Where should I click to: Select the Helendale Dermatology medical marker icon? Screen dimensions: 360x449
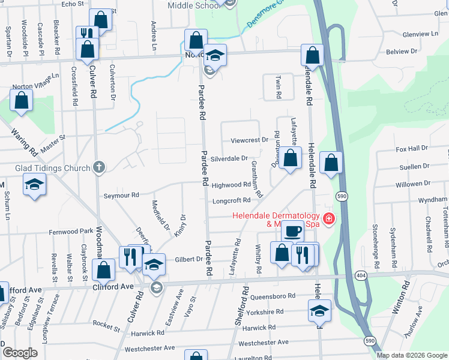[x=328, y=220]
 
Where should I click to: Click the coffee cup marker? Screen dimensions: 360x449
[x=292, y=231]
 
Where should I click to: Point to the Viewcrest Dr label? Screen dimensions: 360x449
[x=249, y=140]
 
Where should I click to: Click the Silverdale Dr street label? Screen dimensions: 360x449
[x=229, y=158]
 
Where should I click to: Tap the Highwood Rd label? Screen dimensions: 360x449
[x=231, y=185]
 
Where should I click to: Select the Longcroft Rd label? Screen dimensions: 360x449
[x=231, y=200]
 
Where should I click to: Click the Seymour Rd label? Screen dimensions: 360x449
[x=121, y=195]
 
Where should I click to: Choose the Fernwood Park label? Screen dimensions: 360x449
[x=71, y=230]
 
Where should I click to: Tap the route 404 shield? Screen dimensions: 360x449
[x=377, y=274]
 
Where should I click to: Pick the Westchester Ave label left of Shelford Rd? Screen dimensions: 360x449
[x=149, y=348]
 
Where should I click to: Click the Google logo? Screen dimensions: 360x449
[x=20, y=353]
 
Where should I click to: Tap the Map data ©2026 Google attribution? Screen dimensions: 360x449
[x=412, y=355]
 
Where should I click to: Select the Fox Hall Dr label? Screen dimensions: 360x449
[x=411, y=148]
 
